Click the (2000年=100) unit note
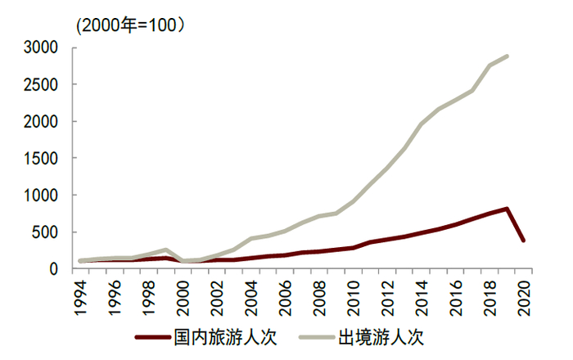[131, 25]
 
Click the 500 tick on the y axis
[45, 232]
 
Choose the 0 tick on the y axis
[53, 269]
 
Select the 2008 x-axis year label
[319, 295]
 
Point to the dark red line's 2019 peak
[507, 209]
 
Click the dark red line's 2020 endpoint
[523, 241]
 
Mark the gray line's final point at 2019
[507, 56]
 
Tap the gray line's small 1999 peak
[166, 250]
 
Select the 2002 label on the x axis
[218, 295]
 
